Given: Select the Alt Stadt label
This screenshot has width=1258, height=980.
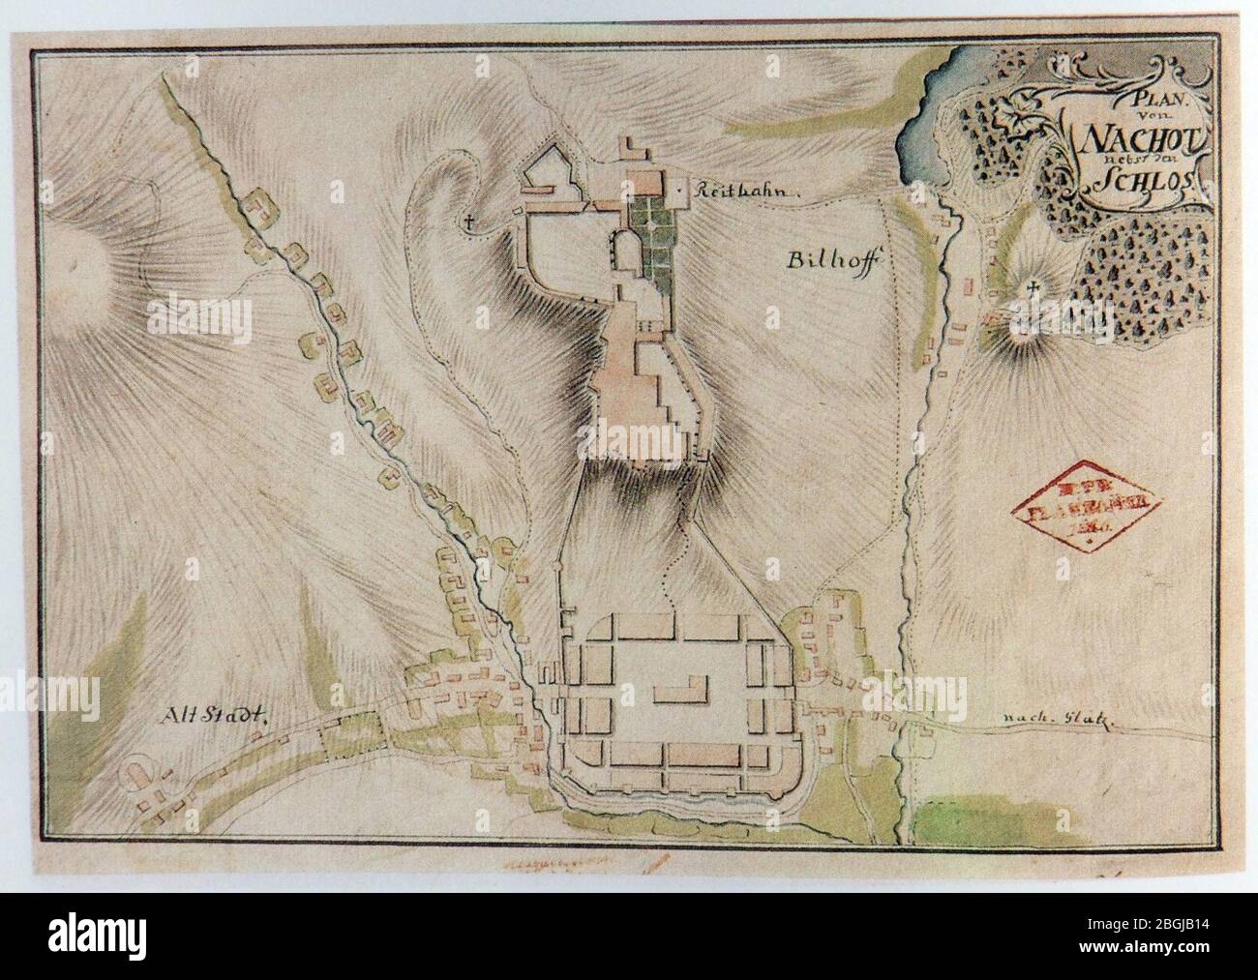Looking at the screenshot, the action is tap(208, 716).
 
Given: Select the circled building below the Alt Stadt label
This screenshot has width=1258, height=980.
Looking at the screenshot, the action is tap(135, 775).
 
